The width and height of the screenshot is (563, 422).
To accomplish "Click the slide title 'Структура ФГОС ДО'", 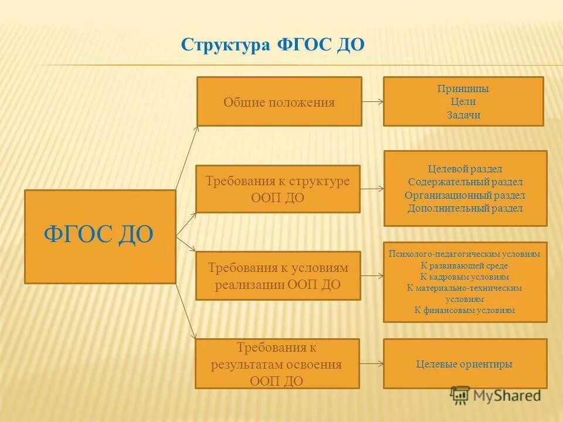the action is pos(273,46).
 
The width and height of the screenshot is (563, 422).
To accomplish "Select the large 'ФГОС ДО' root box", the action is pos(100,236).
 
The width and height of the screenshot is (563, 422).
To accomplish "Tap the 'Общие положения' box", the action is pos(279,101).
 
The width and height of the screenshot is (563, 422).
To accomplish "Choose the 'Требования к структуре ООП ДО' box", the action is pos(277,189).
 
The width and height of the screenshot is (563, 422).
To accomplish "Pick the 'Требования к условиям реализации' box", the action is pos(278,275).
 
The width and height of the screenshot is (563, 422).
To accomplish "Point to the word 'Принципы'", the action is pos(463,89).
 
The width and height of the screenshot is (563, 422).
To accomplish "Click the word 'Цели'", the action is pos(463,102).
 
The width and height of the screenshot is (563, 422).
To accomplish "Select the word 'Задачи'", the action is pos(463,115).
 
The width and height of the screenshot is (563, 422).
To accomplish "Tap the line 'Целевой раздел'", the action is pos(464,169).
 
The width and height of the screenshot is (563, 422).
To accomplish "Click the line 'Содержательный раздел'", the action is pos(464,182).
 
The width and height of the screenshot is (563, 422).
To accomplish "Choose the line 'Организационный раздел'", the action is pos(464,195).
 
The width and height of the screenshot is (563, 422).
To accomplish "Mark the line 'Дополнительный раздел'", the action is pos(464,208).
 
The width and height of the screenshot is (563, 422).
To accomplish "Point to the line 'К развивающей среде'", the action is pos(464,265).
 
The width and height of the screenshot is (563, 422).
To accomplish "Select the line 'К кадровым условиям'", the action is pos(464,276).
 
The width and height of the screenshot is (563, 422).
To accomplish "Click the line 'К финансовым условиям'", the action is pos(464,310).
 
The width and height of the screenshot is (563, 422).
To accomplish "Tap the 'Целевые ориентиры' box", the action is pos(464,364).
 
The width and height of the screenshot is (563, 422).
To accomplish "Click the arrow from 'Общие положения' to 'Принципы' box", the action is pos(372,101).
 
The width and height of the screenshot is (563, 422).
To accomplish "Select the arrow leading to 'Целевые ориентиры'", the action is pos(371,364).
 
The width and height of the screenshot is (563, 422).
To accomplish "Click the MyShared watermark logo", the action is pos(496,395).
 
